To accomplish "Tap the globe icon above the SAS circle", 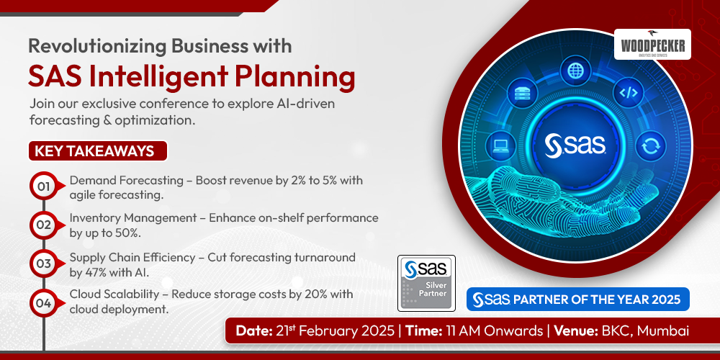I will point(576,71).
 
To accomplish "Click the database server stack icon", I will point(523,93).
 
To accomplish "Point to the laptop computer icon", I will point(500,145).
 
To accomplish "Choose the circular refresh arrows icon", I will point(650,146).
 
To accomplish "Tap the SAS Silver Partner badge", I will point(426,282).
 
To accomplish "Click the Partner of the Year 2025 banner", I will point(578,299).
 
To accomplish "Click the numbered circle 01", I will point(44,187).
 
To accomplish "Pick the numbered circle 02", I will point(44,225).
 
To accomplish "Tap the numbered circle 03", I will point(44,264).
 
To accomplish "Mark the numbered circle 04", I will point(44,303).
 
